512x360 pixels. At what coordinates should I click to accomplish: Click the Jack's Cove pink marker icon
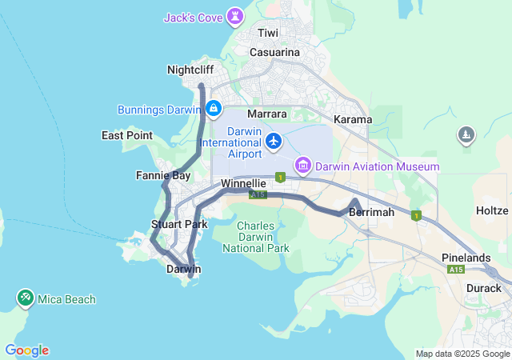point(236,16)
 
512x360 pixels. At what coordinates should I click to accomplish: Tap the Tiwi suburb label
point(267,33)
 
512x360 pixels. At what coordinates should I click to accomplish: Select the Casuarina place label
point(274,52)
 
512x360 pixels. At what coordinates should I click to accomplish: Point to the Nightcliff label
point(190,70)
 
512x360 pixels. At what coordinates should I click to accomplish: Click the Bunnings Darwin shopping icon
point(214,109)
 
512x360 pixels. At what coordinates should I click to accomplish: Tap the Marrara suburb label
point(267,114)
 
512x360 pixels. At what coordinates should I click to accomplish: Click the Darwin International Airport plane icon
point(274,142)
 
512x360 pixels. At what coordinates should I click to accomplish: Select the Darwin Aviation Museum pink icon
point(302,166)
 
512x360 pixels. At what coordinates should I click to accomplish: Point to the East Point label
point(127,135)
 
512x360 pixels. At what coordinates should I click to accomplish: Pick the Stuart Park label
point(179,224)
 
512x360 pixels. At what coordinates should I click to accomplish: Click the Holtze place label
point(492,211)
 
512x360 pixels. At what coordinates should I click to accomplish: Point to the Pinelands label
point(466,258)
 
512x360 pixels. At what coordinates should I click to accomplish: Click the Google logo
point(26,350)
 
